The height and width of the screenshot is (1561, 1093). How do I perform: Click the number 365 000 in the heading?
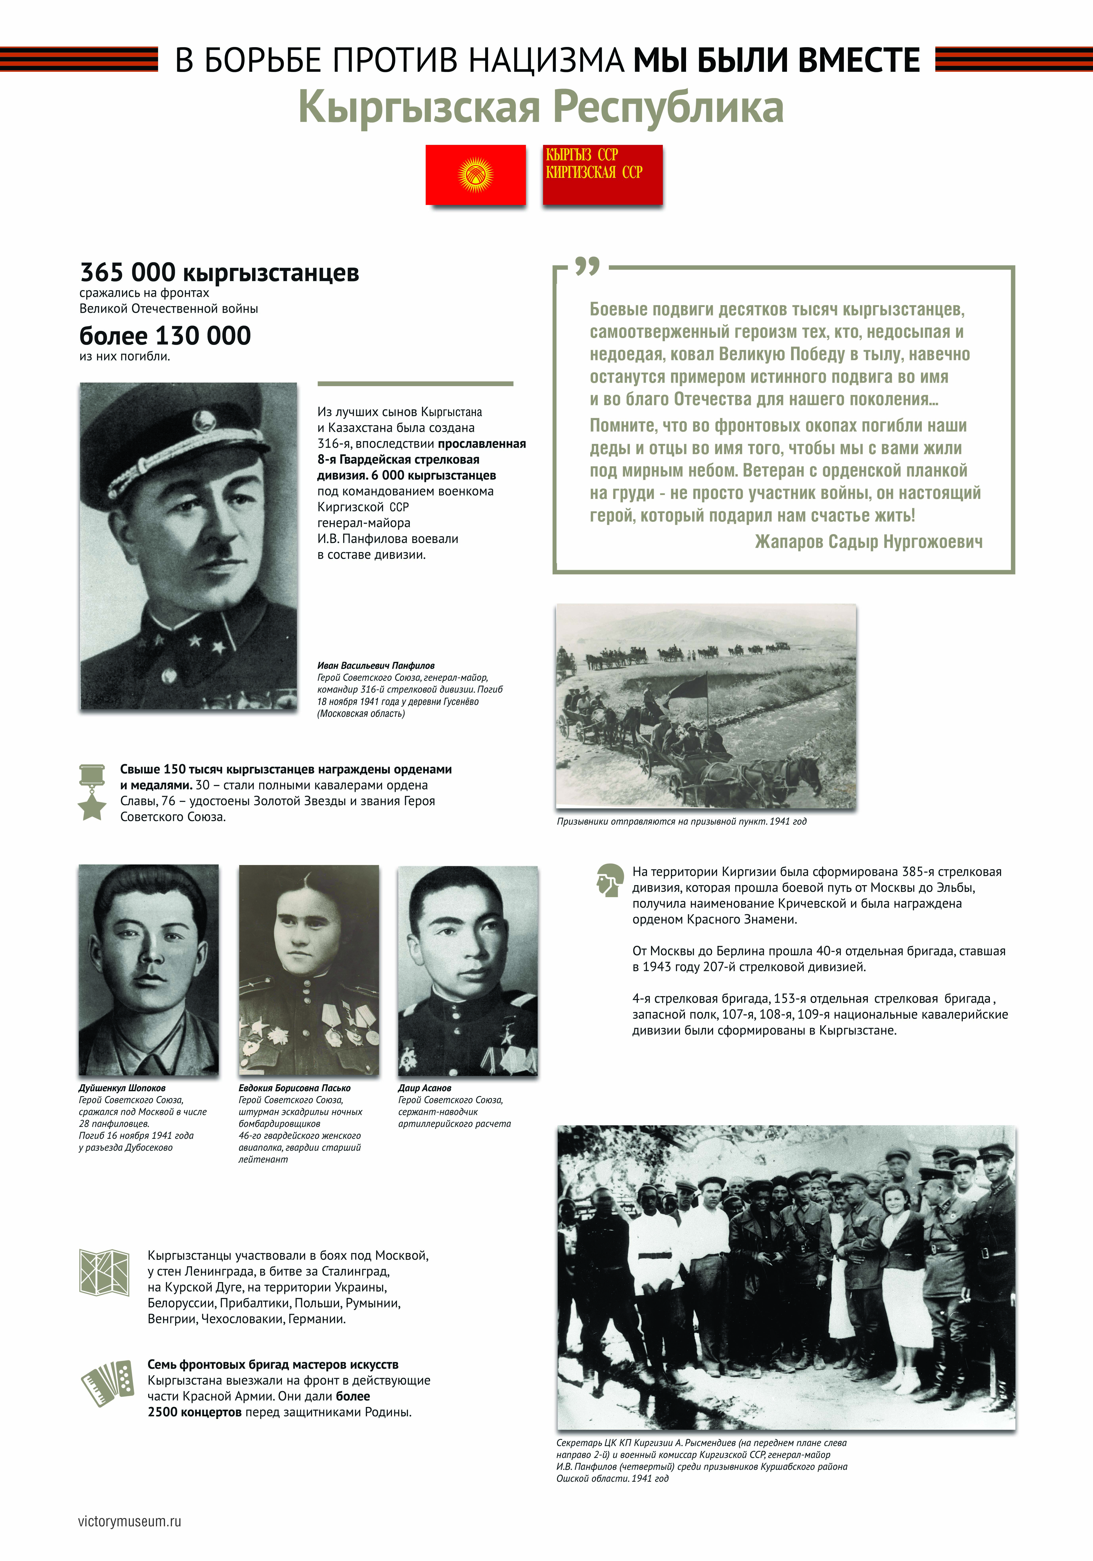[x=128, y=273]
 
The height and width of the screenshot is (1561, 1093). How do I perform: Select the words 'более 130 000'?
[x=165, y=336]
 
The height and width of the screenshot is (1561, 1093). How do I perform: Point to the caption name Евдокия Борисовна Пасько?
[x=295, y=1088]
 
